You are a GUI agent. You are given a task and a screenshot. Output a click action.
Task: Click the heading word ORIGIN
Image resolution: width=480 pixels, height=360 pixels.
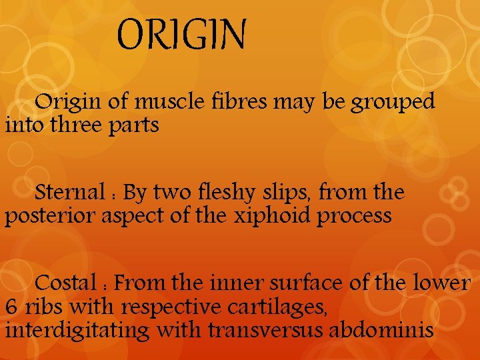(x=181, y=35)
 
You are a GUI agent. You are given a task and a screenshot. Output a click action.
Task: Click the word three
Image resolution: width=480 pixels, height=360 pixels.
(x=74, y=125)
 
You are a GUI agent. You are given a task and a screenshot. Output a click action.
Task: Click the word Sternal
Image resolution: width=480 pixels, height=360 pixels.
(x=67, y=193)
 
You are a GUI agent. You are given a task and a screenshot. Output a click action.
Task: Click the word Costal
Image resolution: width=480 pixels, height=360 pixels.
(x=66, y=283)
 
